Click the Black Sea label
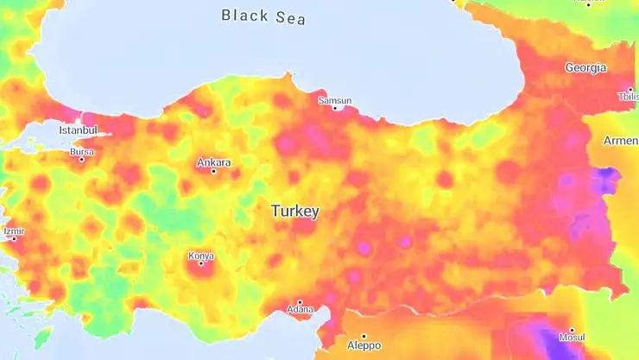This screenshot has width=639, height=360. [x=263, y=16]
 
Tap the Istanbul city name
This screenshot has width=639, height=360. [x=79, y=130]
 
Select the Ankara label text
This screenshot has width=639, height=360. [x=213, y=162]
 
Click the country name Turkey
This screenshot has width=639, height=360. [x=294, y=211]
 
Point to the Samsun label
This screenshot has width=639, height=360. [x=335, y=100]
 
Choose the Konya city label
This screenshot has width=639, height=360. [x=200, y=256]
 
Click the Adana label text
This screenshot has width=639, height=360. [x=301, y=309]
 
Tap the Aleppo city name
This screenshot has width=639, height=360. [x=364, y=344]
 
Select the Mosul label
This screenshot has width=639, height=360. [x=572, y=337]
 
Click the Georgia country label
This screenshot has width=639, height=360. [x=585, y=67]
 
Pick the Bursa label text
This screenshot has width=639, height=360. [x=81, y=152]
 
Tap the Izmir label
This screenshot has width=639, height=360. [x=14, y=231]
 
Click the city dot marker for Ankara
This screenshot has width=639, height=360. [x=214, y=171]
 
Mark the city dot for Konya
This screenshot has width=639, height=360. [x=200, y=263]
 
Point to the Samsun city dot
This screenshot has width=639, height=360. [x=335, y=108]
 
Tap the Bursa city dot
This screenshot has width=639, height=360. [x=82, y=160]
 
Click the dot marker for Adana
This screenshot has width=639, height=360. [x=301, y=301]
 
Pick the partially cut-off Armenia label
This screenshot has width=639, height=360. [x=621, y=141]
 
